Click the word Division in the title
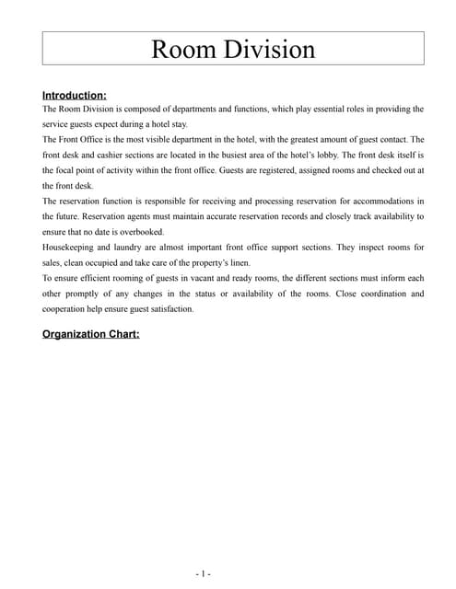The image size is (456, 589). (x=271, y=49)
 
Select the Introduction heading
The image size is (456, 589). (x=75, y=95)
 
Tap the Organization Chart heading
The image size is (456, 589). (x=91, y=334)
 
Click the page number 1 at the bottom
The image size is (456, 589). (x=204, y=573)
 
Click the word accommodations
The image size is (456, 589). (x=373, y=201)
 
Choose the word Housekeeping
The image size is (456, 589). (x=71, y=248)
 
